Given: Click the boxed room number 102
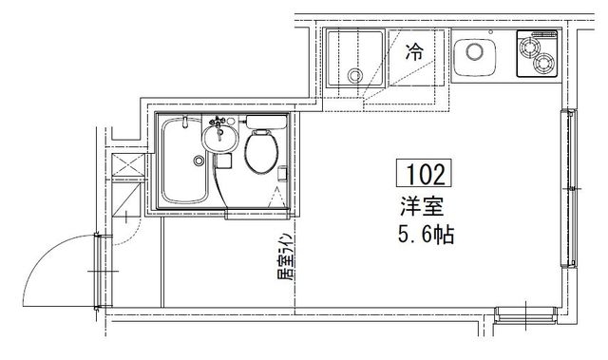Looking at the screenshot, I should [427, 175].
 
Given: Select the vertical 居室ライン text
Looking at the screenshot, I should [282, 262].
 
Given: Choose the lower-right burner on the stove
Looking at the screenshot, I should [544, 65].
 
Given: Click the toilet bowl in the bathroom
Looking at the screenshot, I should [260, 154].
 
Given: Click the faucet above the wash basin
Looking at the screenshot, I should [219, 121].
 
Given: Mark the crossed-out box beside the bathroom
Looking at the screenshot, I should [126, 172].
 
